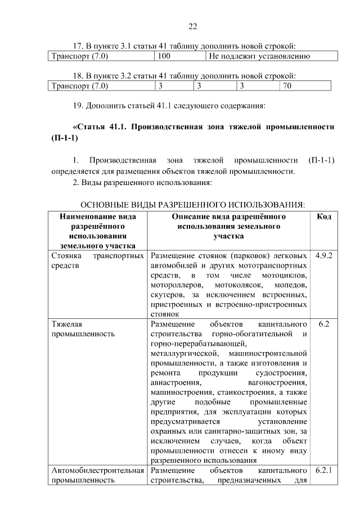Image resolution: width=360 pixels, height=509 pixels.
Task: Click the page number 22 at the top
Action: pos(192,26)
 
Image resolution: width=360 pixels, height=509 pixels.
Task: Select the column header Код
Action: pos(323,217)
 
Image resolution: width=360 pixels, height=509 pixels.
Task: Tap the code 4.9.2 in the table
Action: pos(324,255)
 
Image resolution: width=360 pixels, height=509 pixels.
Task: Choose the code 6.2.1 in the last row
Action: pos(324,470)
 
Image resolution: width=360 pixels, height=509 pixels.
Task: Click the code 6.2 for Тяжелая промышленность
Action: pos(323,324)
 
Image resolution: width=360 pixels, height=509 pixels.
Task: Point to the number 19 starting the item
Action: pos(78,105)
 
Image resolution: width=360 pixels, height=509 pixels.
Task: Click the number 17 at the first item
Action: pos(78,45)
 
